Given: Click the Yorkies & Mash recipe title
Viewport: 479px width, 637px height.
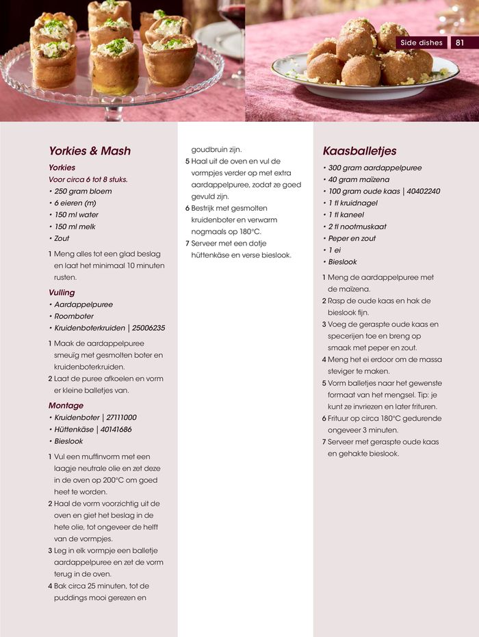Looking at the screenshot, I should tap(90, 151).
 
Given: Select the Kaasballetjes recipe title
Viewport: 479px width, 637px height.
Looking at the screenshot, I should tap(359, 151).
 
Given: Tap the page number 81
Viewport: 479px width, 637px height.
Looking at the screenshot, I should tap(460, 42).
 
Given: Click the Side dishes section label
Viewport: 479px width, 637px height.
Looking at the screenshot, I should tap(420, 42).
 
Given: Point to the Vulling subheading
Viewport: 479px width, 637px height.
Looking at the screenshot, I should tap(62, 293).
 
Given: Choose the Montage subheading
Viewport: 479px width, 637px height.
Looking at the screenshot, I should tap(66, 406).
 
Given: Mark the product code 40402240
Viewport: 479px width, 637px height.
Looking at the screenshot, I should tap(422, 192).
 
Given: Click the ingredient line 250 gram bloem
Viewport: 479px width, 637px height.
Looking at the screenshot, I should tap(83, 192).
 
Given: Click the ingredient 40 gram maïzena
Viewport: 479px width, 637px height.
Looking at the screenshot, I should tap(359, 179).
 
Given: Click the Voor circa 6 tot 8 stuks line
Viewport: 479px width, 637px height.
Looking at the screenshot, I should tap(88, 179).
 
